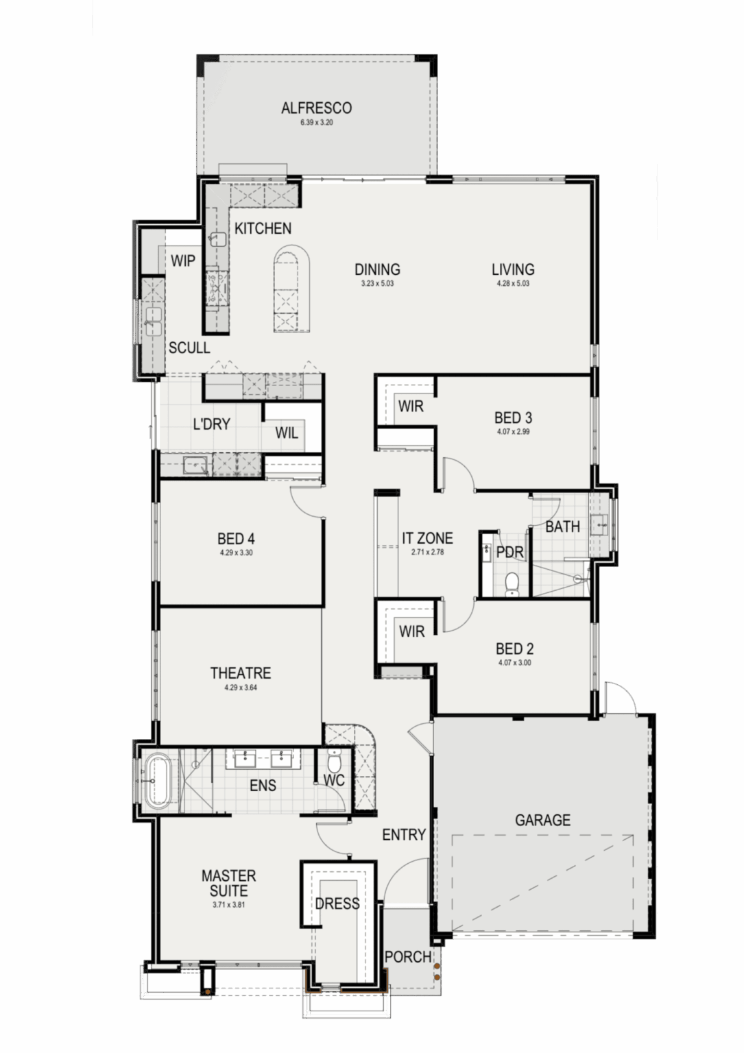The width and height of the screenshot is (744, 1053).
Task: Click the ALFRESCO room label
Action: pos(317,108)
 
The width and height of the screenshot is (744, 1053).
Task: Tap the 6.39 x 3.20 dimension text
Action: pos(317,123)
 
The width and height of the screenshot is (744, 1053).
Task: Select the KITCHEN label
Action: pos(263,228)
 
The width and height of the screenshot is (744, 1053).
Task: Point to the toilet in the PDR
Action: pos(512,584)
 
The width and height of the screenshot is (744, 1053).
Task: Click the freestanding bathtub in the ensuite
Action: pos(158,781)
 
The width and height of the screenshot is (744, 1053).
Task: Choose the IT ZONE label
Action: pos(427,538)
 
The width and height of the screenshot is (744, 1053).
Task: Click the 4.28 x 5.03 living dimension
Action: pos(513,283)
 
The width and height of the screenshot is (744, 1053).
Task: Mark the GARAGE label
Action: pos(542,821)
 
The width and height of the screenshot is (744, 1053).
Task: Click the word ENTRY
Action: pos(404,834)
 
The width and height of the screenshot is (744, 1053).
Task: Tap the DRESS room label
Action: pos(337,904)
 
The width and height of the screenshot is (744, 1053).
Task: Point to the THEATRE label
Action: pos(241,673)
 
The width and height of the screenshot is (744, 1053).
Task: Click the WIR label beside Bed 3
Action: pos(411,406)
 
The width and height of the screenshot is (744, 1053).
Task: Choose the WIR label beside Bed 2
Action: pos(412,631)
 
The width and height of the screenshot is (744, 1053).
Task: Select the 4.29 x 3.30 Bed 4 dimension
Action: pos(236,553)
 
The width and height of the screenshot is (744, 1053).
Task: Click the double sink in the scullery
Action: pos(154,322)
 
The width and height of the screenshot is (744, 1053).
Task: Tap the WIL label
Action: pos(287,433)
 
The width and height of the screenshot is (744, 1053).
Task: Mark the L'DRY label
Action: pos(212,424)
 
